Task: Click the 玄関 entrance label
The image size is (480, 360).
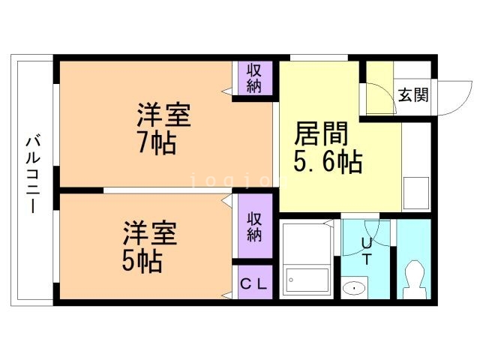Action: tap(412, 95)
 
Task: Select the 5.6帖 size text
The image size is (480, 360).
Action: tap(328, 160)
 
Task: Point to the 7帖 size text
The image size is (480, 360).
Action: tap(156, 142)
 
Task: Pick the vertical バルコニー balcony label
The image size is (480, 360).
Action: tap(32, 174)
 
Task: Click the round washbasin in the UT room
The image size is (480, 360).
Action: tap(352, 288)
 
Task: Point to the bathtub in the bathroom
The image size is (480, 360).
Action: tap(307, 280)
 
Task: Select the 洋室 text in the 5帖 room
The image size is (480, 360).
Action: tap(151, 233)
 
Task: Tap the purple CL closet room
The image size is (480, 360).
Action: tap(252, 283)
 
